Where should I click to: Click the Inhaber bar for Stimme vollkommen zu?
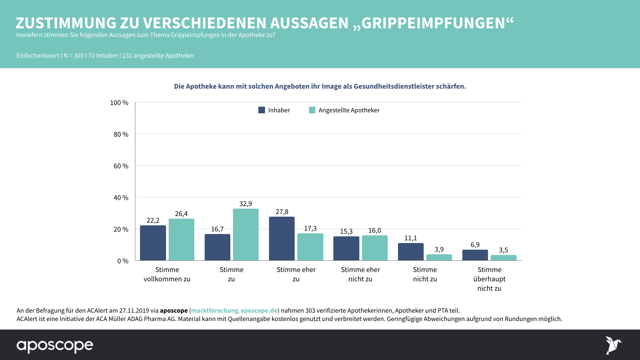pyautogui.click(x=153, y=243)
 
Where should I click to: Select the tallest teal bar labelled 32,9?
pyautogui.click(x=246, y=235)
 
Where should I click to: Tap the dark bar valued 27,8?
pyautogui.click(x=282, y=239)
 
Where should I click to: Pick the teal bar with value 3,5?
pyautogui.click(x=503, y=258)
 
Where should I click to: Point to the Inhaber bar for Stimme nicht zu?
pyautogui.click(x=411, y=252)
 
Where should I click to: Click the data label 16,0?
pyautogui.click(x=375, y=230)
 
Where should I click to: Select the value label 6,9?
pyautogui.click(x=475, y=245)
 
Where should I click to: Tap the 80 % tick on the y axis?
pyautogui.click(x=121, y=134)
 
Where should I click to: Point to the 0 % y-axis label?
pyautogui.click(x=123, y=261)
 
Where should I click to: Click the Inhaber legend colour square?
pyautogui.click(x=262, y=110)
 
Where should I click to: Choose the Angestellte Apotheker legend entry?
pyautogui.click(x=349, y=110)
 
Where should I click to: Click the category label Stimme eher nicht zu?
pyautogui.click(x=360, y=274)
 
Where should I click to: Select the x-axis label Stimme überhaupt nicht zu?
pyautogui.click(x=489, y=279)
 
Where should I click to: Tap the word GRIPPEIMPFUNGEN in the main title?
pyautogui.click(x=433, y=23)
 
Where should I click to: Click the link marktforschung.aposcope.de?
pyautogui.click(x=234, y=310)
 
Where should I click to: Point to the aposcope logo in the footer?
pyautogui.click(x=55, y=346)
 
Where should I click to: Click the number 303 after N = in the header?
pyautogui.click(x=79, y=56)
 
